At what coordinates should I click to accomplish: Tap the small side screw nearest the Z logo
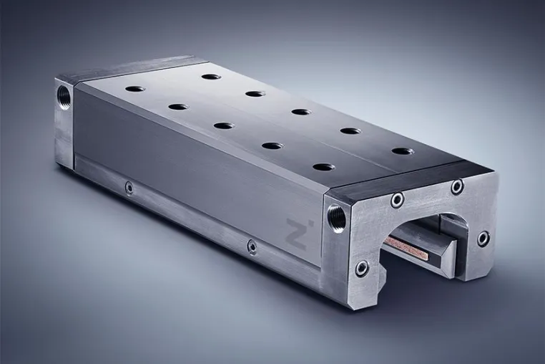click(252, 246)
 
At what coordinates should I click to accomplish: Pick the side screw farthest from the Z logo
click(129, 188)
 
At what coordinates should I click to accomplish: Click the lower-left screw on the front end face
click(361, 269)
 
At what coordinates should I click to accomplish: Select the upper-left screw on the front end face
click(397, 200)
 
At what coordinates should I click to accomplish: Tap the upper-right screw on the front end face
click(458, 186)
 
